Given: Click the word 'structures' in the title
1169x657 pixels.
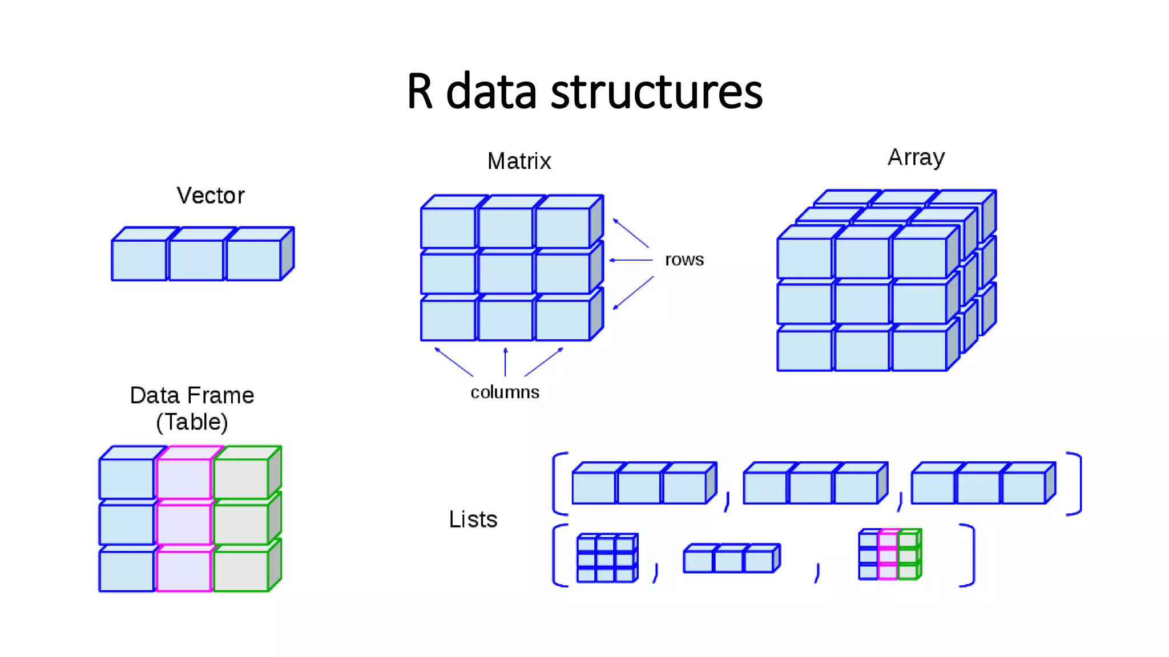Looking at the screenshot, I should (x=656, y=92).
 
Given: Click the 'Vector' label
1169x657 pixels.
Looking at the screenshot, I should (x=210, y=196).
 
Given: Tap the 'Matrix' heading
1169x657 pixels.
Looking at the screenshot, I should (x=519, y=161).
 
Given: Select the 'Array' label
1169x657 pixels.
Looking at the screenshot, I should (x=916, y=157).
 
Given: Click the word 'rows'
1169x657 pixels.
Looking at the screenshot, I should (x=684, y=260).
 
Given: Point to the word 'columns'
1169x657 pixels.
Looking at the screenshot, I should (x=505, y=392).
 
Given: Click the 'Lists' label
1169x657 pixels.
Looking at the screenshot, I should (x=473, y=520).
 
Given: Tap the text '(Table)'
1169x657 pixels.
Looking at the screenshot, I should (x=192, y=422).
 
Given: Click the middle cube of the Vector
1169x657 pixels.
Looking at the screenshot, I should (x=196, y=259).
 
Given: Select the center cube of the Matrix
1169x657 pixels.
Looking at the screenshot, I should (x=506, y=274).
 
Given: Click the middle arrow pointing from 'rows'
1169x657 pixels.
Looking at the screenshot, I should (x=631, y=260).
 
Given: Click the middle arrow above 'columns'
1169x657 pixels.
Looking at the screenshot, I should (x=505, y=362).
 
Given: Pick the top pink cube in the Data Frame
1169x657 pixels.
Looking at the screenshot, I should (x=184, y=478).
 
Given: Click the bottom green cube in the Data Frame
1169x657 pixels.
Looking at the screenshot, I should (x=241, y=570).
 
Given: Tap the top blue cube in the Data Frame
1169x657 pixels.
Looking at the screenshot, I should (x=127, y=478).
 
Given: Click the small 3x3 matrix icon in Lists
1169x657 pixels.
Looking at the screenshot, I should (x=607, y=558).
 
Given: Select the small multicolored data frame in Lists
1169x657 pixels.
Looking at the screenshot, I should (x=889, y=554).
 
